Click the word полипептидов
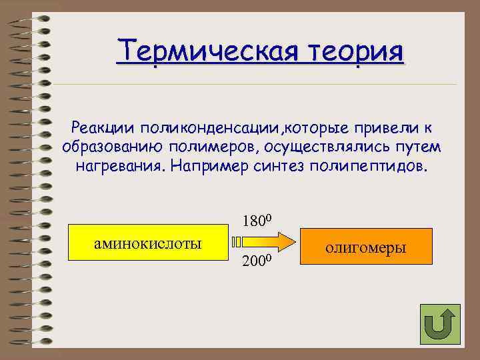pos(367,165)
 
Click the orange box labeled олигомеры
pos(365,248)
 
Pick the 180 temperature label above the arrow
pos(254,221)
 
